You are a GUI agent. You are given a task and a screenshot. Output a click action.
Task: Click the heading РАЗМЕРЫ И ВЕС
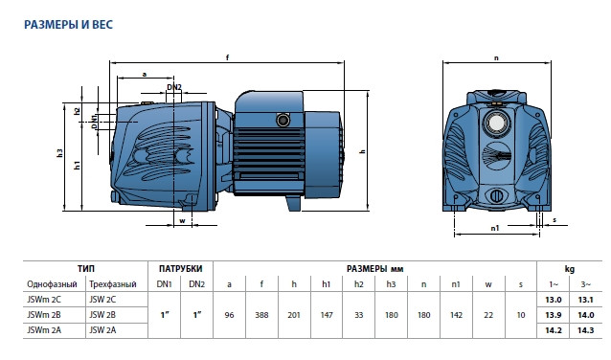pyautogui.click(x=68, y=25)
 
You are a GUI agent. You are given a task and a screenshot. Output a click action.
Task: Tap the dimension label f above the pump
pyautogui.click(x=227, y=57)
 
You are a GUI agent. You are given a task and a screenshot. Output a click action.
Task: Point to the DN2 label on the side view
pyautogui.click(x=174, y=87)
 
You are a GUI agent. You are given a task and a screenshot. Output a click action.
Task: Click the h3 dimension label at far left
pyautogui.click(x=59, y=153)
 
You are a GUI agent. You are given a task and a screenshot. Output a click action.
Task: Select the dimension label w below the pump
pyautogui.click(x=182, y=221)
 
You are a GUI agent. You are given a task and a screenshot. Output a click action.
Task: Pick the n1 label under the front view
pyautogui.click(x=494, y=228)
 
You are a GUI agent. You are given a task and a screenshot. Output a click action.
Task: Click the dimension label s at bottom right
pyautogui.click(x=554, y=220)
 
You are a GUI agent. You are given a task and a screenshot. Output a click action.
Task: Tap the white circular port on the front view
pyautogui.click(x=496, y=123)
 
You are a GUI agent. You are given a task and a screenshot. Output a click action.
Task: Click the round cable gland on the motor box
pyautogui.click(x=283, y=120)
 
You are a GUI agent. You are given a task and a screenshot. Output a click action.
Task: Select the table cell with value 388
pyautogui.click(x=261, y=315)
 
